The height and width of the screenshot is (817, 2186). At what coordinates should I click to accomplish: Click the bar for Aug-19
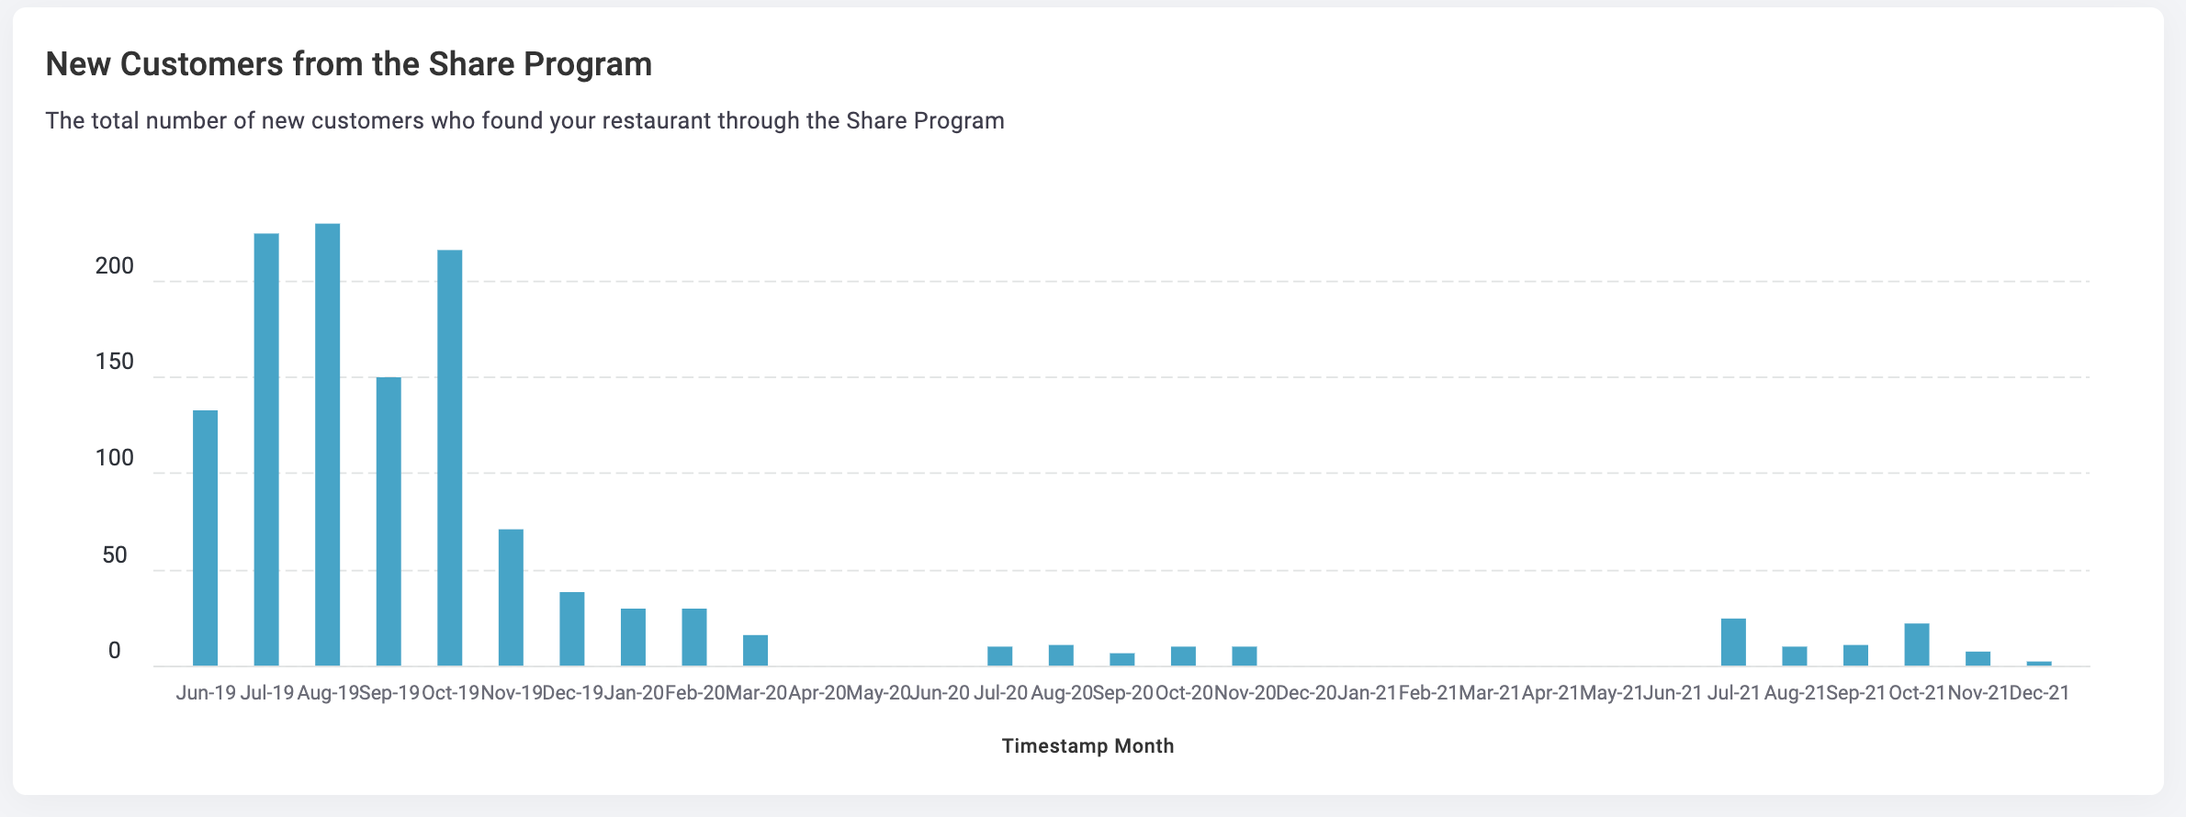tap(327, 444)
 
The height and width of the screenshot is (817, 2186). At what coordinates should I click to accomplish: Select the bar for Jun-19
tap(206, 538)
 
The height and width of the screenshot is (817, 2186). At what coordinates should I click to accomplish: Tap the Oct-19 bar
tap(450, 458)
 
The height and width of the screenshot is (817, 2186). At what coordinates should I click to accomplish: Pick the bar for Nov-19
tap(511, 598)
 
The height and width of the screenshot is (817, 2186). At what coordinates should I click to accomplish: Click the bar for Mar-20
tap(755, 650)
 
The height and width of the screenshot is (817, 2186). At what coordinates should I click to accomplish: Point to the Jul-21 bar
tap(1733, 642)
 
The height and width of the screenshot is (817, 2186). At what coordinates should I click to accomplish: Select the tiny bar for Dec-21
tap(2039, 663)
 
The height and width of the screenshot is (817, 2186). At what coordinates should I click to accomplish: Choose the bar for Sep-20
tap(1122, 659)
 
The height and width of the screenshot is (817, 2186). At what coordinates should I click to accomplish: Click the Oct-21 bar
tap(1917, 644)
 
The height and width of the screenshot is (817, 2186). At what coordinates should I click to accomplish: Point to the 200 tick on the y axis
tap(115, 266)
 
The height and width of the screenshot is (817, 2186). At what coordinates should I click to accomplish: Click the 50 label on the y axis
tap(115, 555)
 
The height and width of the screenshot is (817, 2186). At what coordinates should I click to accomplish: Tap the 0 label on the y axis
tap(115, 651)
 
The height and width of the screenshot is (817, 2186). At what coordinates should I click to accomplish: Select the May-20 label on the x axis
tap(878, 693)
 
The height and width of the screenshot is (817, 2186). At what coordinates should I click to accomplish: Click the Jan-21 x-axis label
tap(1367, 693)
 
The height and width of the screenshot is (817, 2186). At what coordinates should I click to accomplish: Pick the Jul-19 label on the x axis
tap(267, 693)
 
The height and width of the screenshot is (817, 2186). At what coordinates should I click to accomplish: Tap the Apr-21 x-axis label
tap(1550, 693)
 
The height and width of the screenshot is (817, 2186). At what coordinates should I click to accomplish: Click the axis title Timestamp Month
tap(1088, 745)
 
